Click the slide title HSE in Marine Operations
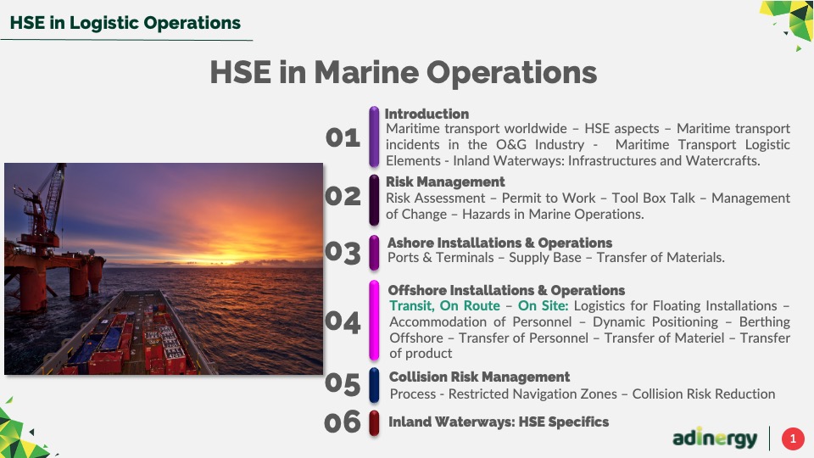pos(404,72)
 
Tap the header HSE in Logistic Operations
pos(125,23)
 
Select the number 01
pos(343,137)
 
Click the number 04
pos(343,322)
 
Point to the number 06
pos(342,422)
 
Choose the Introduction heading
pos(427,114)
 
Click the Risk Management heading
pos(445,182)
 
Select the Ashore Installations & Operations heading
pos(500,243)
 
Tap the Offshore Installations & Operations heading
pos(506,290)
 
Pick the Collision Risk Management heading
pos(479,377)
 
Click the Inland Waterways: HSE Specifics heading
pos(499,422)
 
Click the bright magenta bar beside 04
pos(374,320)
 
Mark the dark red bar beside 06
pos(374,422)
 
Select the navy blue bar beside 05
pos(374,385)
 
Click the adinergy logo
pos(715,438)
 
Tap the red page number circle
pos(793,438)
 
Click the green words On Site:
pos(543,306)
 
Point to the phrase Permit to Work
pos(549,198)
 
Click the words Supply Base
pos(544,258)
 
